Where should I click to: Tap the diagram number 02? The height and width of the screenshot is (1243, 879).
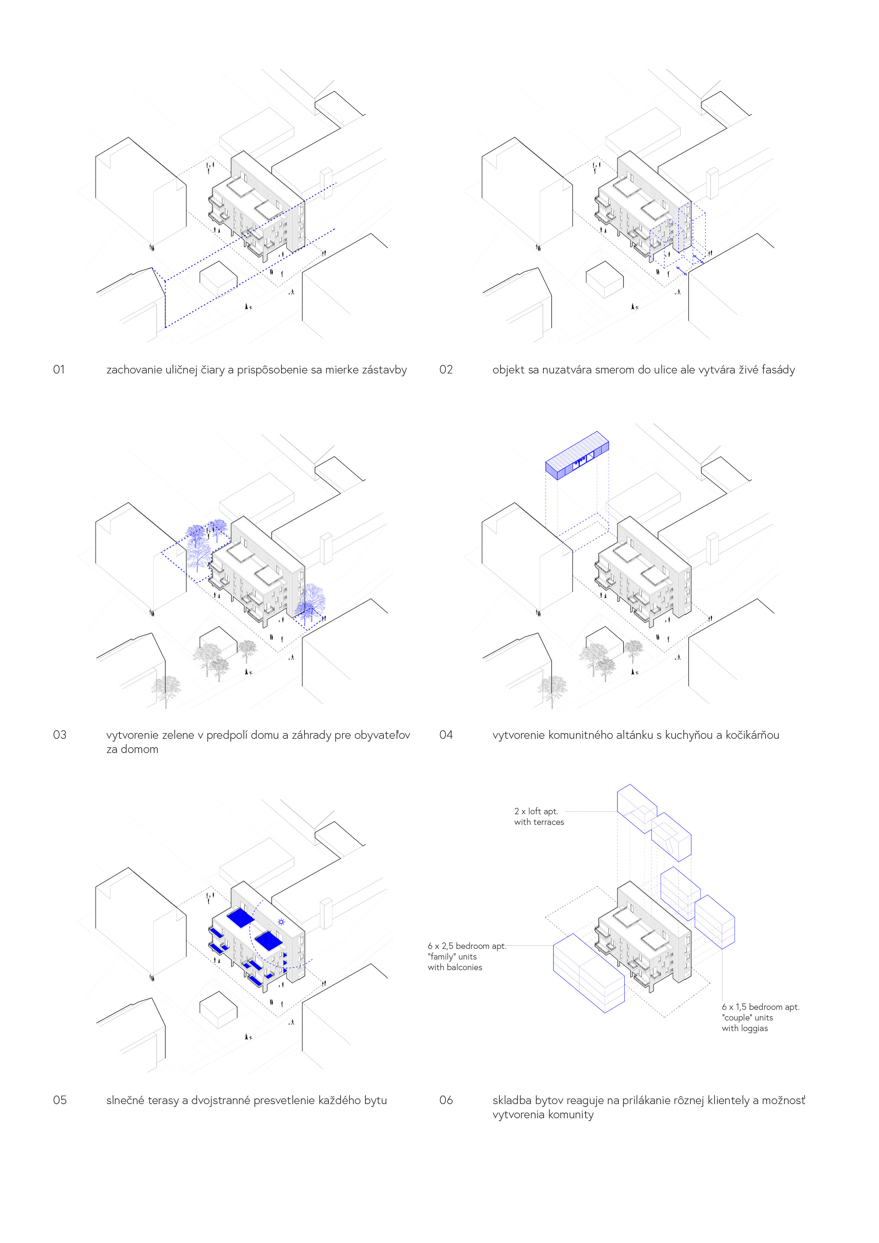click(446, 370)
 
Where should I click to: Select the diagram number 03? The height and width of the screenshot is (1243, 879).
click(60, 735)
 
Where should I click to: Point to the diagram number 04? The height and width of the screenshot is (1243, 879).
click(446, 735)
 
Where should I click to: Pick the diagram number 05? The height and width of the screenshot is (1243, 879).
click(60, 1100)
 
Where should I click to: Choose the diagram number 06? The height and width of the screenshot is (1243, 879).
click(446, 1100)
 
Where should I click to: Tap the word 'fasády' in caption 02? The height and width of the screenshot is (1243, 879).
click(778, 370)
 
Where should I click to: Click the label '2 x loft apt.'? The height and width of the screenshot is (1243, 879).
click(536, 811)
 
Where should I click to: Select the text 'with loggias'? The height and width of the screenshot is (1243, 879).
click(745, 1028)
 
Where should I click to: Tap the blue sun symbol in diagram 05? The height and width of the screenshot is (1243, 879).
click(281, 921)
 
